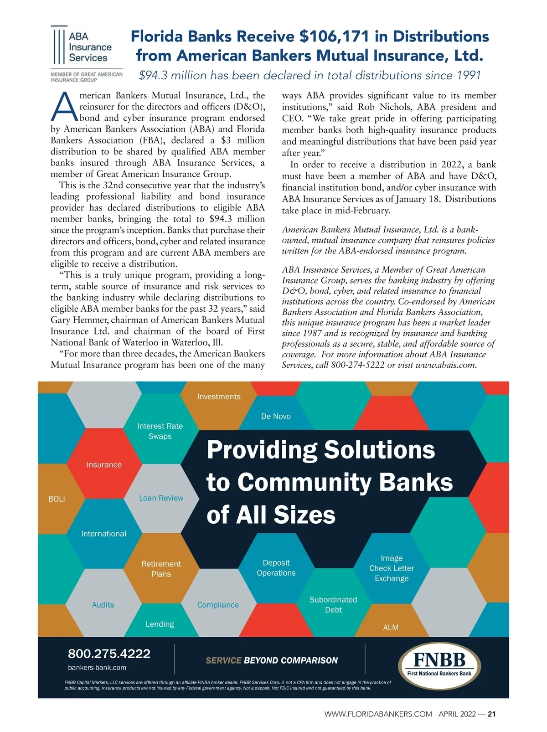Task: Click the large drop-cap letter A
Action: (x=64, y=107)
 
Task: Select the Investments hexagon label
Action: (x=219, y=397)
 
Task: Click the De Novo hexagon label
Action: (x=276, y=417)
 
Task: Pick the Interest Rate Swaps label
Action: (x=160, y=431)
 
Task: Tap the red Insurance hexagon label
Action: (x=104, y=465)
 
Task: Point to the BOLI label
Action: (x=57, y=499)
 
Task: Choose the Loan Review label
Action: (x=161, y=498)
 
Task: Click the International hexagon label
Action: (x=103, y=534)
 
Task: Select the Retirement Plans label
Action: (x=161, y=569)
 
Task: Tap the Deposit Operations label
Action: (x=276, y=568)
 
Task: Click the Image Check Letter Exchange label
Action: (x=392, y=568)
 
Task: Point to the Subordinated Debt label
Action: (x=333, y=605)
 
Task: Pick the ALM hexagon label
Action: (x=391, y=628)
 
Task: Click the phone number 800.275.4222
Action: (x=109, y=654)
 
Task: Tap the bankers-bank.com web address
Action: (x=97, y=668)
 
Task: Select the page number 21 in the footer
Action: (x=491, y=714)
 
